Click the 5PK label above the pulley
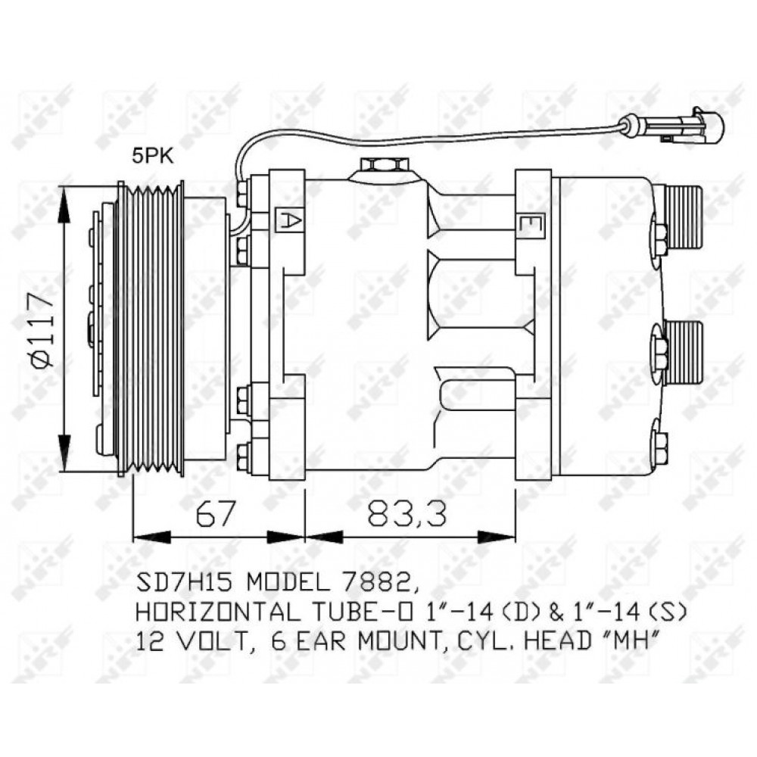pyautogui.click(x=153, y=157)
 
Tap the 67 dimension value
pyautogui.click(x=216, y=514)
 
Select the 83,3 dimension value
pyautogui.click(x=407, y=514)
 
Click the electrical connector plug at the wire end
pyautogui.click(x=694, y=126)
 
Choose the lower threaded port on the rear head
pyautogui.click(x=682, y=352)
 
